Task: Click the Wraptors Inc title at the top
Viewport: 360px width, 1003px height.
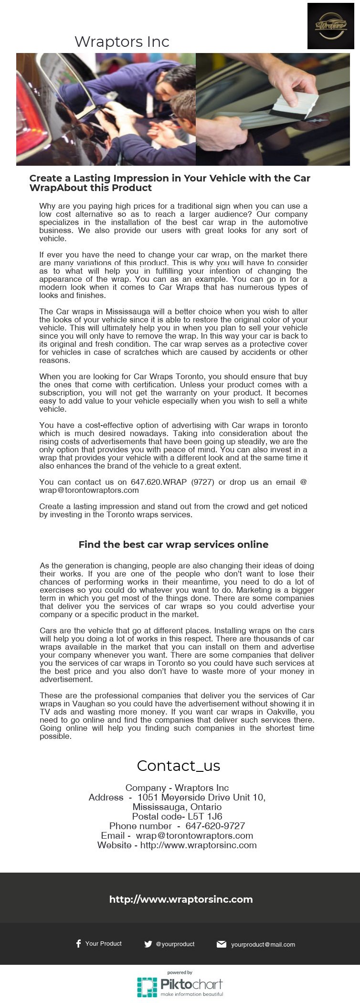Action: pos(122,42)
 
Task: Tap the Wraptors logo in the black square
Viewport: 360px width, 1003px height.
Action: pos(330,26)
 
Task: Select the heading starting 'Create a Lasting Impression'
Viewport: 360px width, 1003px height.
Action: pos(169,183)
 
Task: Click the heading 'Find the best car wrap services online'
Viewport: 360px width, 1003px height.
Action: pos(173,544)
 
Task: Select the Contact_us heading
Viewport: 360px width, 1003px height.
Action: pos(178,766)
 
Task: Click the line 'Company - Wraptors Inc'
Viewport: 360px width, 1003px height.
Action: pos(177,788)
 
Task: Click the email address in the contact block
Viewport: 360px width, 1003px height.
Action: pos(194,835)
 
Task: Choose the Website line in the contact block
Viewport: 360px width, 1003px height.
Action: pos(177,845)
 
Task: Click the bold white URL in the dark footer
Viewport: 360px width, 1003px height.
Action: pos(180,899)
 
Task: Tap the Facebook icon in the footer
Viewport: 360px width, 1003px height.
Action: pos(78,943)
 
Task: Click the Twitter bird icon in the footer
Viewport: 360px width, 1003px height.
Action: pos(148,944)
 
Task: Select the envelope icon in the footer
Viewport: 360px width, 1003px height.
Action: pos(221,944)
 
